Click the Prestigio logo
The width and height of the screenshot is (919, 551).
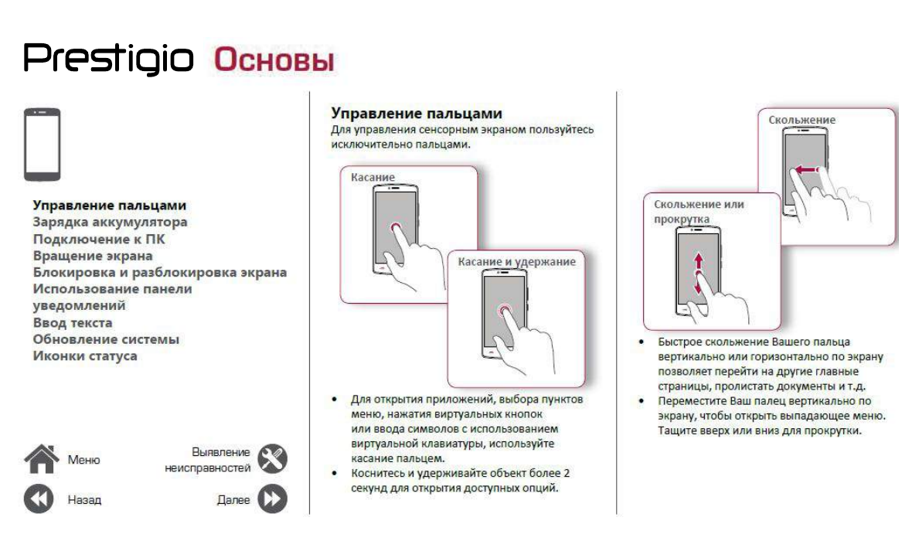click(108, 59)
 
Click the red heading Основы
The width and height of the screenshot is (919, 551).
click(274, 60)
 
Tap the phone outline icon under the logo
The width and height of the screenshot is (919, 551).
click(43, 145)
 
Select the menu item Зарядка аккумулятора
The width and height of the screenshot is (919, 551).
click(110, 223)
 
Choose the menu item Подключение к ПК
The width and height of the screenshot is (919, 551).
click(99, 240)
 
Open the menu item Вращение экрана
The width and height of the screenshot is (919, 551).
click(93, 256)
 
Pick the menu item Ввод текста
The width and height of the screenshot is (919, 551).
click(73, 323)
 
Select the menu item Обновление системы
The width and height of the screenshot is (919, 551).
click(106, 339)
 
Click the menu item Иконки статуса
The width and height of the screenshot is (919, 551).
click(85, 356)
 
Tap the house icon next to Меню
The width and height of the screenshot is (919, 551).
click(41, 459)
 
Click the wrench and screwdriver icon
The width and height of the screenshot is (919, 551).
click(271, 459)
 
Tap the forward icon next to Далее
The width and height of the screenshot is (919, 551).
click(271, 499)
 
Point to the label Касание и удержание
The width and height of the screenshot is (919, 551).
click(516, 262)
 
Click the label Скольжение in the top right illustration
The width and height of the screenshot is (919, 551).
click(802, 121)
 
